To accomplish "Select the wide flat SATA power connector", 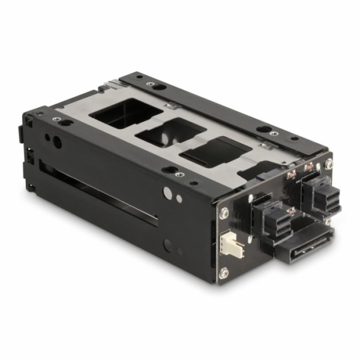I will tap(303, 241).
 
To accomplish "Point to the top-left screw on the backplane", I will tap(224, 212).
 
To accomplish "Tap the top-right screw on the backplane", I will tap(329, 163).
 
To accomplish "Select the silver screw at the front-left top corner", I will tap(56, 119).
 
